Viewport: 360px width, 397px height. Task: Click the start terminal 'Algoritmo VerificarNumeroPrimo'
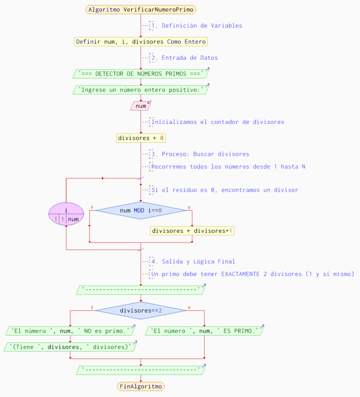click(x=141, y=9)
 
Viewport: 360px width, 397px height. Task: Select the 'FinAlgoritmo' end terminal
click(x=141, y=386)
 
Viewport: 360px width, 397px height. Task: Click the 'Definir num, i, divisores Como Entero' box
click(x=141, y=42)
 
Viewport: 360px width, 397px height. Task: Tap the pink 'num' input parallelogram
click(x=141, y=106)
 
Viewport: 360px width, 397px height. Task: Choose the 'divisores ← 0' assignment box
click(x=141, y=138)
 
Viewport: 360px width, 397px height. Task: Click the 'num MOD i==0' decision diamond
click(x=141, y=211)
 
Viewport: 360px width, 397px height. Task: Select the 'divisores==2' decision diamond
click(x=141, y=311)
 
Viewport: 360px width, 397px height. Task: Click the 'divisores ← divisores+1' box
click(x=192, y=231)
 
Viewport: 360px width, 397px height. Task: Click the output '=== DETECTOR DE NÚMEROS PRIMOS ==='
click(x=141, y=74)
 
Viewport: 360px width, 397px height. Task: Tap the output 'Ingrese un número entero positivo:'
click(x=141, y=90)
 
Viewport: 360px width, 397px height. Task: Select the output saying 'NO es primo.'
click(x=70, y=331)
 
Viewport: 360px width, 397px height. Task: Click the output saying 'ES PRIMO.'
click(x=204, y=331)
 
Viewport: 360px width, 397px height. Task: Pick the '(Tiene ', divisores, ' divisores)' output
click(x=70, y=347)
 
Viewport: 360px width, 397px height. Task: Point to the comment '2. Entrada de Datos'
click(x=189, y=58)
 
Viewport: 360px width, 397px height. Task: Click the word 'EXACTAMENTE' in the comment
click(x=240, y=274)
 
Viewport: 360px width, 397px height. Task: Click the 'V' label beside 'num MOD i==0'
click(x=189, y=207)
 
